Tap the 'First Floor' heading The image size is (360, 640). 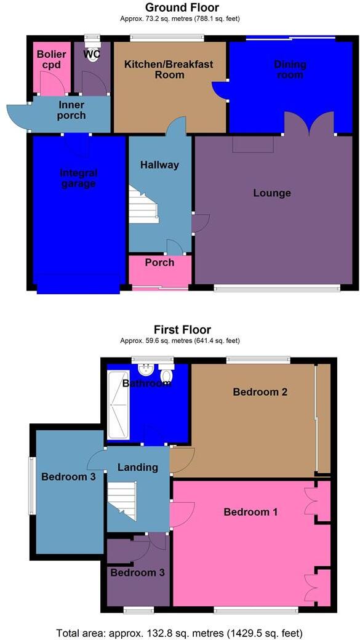(182, 330)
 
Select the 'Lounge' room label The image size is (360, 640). (272, 193)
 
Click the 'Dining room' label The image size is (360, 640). (290, 70)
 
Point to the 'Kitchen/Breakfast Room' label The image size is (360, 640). (161, 70)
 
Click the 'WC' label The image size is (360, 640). (91, 54)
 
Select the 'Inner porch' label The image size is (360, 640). (71, 110)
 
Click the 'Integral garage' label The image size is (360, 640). (79, 178)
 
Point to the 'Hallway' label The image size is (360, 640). (159, 165)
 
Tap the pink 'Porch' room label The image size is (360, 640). (159, 263)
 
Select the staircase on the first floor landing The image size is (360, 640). (122, 500)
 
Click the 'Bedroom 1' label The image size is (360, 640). (247, 512)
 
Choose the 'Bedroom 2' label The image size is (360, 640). (260, 392)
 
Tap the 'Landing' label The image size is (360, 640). (138, 467)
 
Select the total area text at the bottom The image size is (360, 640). (180, 633)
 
